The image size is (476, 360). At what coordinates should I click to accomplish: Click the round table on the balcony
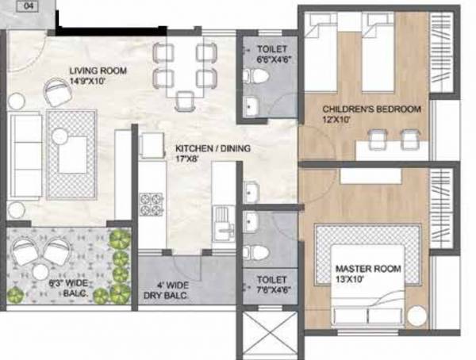41,272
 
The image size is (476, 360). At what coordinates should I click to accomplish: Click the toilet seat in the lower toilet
255,253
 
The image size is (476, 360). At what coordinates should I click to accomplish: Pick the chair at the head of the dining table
185,100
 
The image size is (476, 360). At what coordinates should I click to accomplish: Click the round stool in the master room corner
417,316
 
